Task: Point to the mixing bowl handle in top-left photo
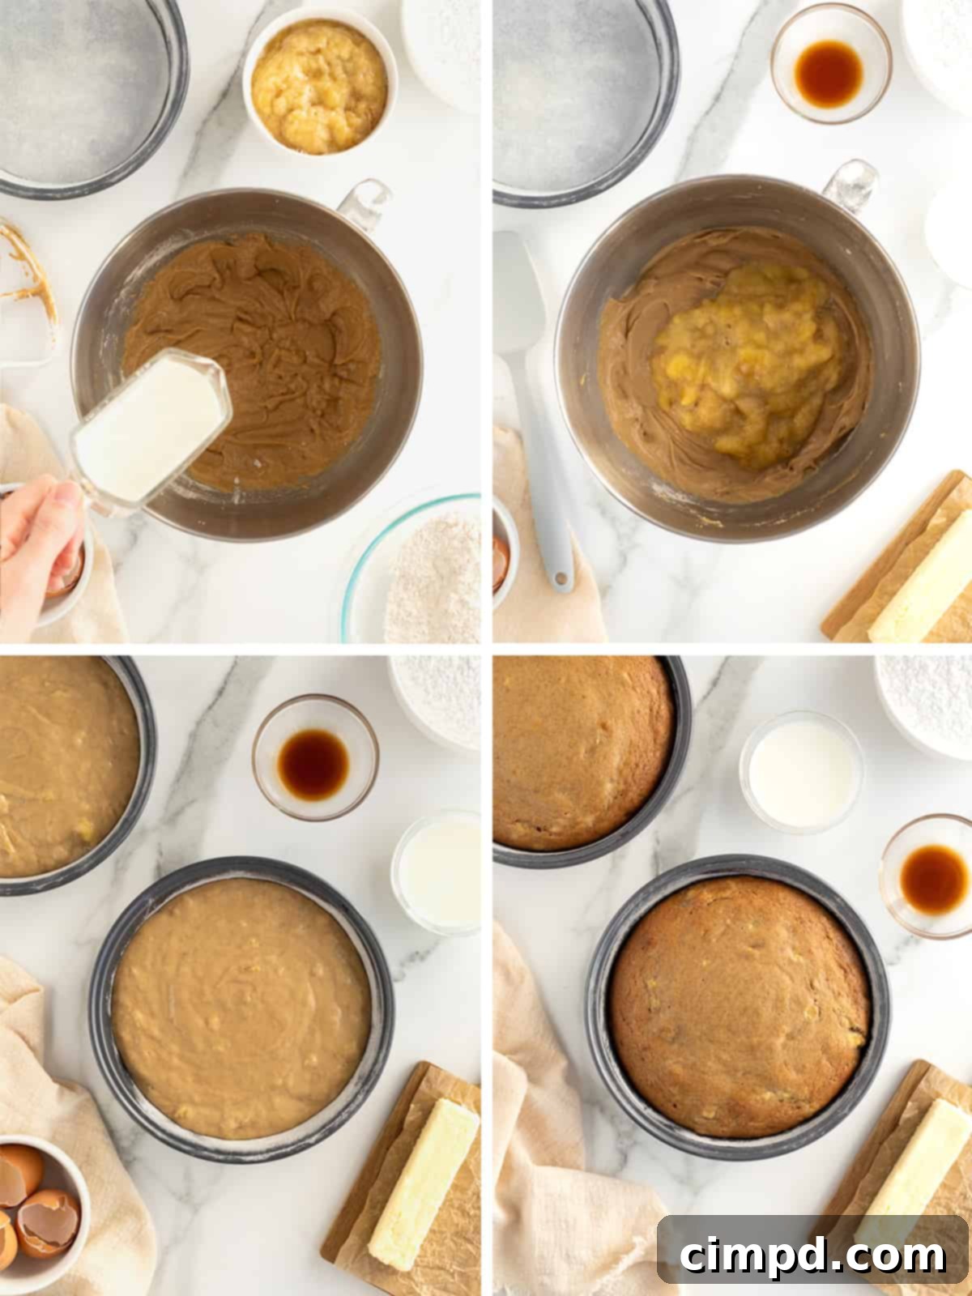364,202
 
